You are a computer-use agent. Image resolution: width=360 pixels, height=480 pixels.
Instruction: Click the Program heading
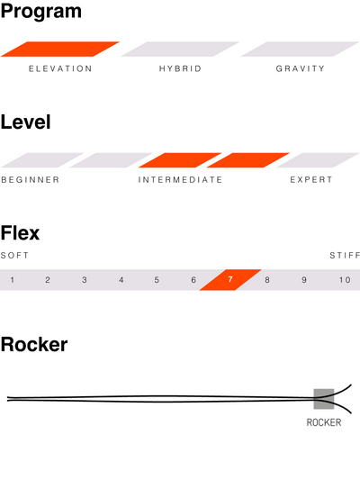(41, 13)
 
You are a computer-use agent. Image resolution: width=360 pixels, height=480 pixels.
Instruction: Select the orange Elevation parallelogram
(60, 49)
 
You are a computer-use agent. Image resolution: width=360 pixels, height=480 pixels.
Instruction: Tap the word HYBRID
(180, 68)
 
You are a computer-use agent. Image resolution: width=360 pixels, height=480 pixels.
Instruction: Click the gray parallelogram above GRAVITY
(300, 49)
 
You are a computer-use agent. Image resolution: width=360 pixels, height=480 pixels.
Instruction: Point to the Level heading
(26, 122)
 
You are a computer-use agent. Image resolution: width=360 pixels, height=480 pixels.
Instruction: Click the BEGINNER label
(31, 180)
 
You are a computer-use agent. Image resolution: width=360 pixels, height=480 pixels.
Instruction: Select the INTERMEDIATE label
(180, 180)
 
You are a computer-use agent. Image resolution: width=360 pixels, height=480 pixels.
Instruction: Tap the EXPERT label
(311, 180)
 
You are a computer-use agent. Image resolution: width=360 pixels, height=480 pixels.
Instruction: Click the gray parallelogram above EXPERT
(318, 160)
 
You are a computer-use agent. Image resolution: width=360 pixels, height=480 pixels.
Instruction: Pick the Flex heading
(20, 233)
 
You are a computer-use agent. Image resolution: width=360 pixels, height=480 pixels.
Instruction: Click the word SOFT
(14, 255)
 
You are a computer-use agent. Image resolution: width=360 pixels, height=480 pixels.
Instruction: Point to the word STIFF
(345, 255)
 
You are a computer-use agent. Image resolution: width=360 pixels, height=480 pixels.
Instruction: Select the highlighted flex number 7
(230, 279)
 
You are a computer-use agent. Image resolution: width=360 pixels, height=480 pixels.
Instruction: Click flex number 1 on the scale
(13, 280)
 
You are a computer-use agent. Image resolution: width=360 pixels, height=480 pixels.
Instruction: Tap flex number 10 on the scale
(345, 280)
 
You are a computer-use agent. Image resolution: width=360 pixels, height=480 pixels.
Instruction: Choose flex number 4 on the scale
(121, 280)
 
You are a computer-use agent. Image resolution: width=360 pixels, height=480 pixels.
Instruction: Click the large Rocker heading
(34, 345)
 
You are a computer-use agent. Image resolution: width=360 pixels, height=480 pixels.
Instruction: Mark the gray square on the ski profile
(324, 399)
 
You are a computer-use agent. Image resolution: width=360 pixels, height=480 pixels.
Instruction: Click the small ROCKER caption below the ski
(324, 422)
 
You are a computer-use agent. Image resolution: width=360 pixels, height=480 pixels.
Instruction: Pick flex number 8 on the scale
(267, 280)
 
